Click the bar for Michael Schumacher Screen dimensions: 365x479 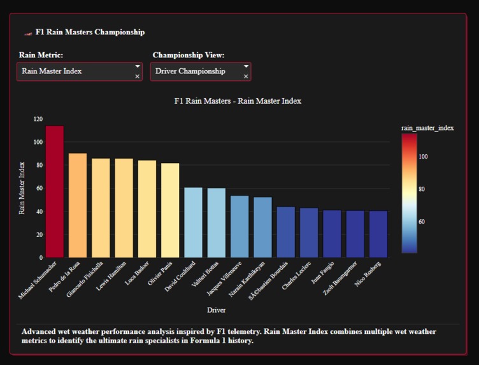(x=55, y=192)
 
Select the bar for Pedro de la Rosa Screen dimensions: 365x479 (x=78, y=205)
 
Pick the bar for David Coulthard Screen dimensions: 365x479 (x=193, y=222)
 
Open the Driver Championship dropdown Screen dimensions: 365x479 (x=196, y=71)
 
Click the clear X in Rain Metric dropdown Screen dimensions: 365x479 (x=138, y=76)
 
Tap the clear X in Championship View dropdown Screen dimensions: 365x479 (x=246, y=76)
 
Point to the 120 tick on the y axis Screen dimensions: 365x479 (x=38, y=119)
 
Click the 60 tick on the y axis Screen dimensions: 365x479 (x=39, y=189)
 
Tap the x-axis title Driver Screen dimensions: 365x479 (x=217, y=310)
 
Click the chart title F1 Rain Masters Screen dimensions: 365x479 (x=237, y=101)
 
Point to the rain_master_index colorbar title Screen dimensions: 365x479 (x=427, y=128)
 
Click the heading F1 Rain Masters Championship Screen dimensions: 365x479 (x=90, y=32)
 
